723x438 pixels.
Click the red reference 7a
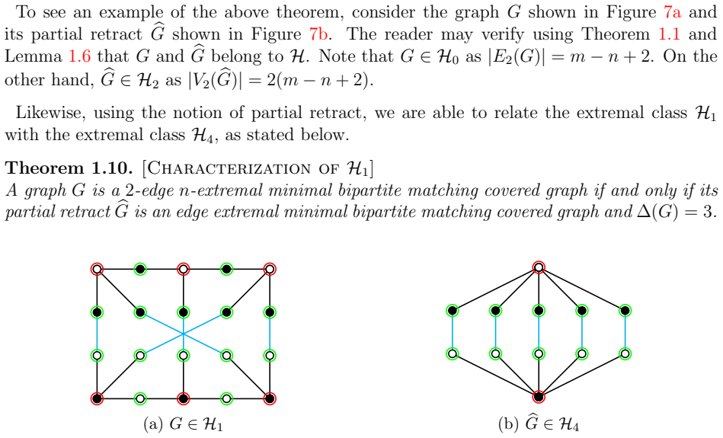(672, 12)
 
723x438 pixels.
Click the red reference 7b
(318, 34)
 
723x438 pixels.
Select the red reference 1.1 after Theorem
(669, 34)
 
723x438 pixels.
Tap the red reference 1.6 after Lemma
(80, 56)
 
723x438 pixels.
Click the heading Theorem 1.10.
(69, 168)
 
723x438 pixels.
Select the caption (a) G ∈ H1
(184, 424)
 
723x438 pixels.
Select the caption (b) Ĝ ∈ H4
(539, 424)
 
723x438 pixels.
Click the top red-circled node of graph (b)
(539, 267)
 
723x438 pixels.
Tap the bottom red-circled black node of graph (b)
(539, 397)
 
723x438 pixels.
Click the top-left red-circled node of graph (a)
(97, 269)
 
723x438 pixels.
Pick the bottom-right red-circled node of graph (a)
(270, 398)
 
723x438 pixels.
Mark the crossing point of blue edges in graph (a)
(184, 334)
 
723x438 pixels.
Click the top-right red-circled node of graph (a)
(270, 269)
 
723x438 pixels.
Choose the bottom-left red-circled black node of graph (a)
(97, 398)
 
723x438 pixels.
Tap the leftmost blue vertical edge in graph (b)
(453, 332)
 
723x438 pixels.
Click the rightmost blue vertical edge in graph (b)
(625, 332)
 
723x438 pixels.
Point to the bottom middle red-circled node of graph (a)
(184, 398)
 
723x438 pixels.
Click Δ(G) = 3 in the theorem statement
(677, 212)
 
